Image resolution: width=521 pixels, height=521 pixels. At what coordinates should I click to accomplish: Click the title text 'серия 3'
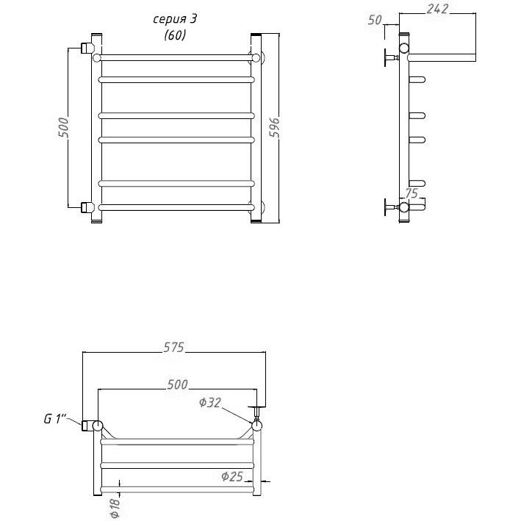(175, 19)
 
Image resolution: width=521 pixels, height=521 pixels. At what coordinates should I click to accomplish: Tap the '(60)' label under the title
(175, 35)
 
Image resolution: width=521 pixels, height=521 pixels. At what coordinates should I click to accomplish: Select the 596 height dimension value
(274, 127)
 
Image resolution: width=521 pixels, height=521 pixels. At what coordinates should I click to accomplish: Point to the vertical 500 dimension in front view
(63, 127)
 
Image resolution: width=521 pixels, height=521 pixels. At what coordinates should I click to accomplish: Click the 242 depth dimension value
(437, 9)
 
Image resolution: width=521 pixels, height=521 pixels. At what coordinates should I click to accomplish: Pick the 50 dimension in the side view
(375, 20)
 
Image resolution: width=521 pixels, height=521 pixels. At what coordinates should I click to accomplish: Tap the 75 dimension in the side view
(412, 193)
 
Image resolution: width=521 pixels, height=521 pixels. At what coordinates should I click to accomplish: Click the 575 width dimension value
(173, 348)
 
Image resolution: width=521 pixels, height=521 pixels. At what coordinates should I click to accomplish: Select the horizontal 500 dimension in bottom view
(177, 384)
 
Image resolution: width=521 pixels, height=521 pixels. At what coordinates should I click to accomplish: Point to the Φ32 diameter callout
(209, 403)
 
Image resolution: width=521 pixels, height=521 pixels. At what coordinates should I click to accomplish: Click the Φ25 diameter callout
(232, 476)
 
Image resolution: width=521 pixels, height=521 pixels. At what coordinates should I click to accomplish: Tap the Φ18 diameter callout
(115, 508)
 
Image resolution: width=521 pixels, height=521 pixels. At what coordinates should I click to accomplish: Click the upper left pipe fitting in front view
(87, 48)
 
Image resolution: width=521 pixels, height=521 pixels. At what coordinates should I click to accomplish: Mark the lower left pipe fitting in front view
(87, 207)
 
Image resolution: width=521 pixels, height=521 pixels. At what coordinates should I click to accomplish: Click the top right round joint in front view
(256, 58)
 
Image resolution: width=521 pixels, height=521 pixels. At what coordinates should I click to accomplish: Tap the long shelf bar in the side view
(442, 57)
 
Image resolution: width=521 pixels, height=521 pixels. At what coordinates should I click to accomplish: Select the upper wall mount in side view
(392, 57)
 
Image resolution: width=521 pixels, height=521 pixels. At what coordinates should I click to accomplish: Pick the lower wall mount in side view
(392, 207)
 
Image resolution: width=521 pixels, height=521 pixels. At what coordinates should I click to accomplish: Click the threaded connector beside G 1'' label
(87, 425)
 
